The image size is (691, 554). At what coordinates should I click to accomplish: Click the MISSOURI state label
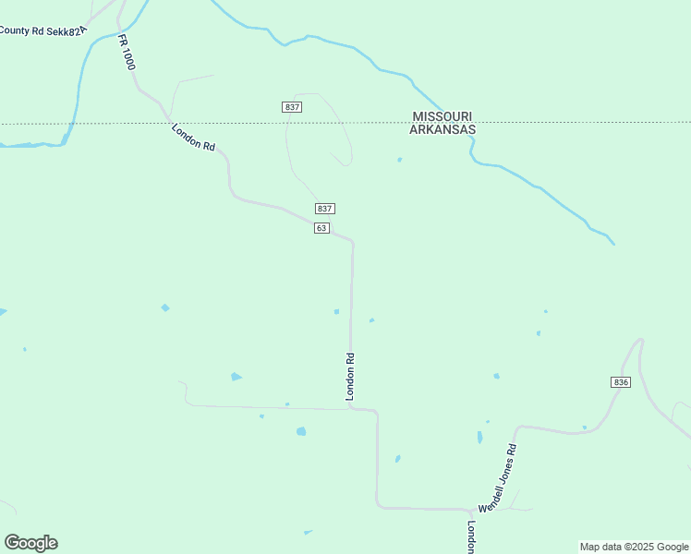442,116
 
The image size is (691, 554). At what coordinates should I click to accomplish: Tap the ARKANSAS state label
442,130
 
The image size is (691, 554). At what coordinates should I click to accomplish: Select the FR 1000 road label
127,53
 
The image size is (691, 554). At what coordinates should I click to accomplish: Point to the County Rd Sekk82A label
42,30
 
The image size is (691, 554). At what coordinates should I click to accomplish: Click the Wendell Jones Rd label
496,479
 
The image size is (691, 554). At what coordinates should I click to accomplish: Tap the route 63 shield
321,228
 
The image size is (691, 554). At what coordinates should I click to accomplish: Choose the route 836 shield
621,382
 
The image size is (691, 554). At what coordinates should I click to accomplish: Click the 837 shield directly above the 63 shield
323,209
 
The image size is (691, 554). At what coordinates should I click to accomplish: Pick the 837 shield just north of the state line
292,107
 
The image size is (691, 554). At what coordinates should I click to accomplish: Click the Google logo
30,543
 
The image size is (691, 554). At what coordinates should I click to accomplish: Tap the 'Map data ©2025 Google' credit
635,547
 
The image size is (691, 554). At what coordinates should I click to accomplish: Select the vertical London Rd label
350,377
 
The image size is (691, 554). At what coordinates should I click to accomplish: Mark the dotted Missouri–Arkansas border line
231,123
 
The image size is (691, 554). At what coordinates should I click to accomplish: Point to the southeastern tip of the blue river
613,244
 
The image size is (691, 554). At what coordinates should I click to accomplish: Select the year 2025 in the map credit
639,547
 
